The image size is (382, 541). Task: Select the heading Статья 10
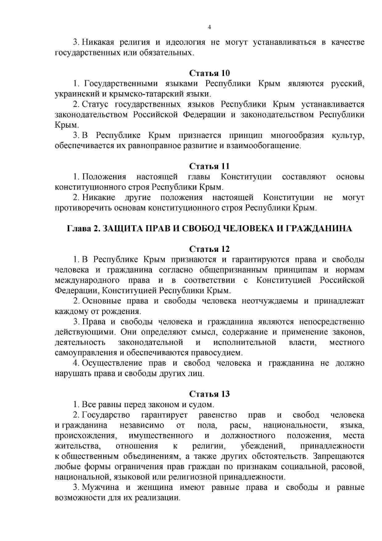click(210, 73)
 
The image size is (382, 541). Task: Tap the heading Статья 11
click(210, 166)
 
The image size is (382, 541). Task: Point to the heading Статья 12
click(210, 249)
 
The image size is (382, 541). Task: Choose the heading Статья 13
click(210, 394)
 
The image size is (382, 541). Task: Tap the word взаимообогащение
click(265, 145)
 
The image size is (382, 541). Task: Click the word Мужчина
click(100, 487)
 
